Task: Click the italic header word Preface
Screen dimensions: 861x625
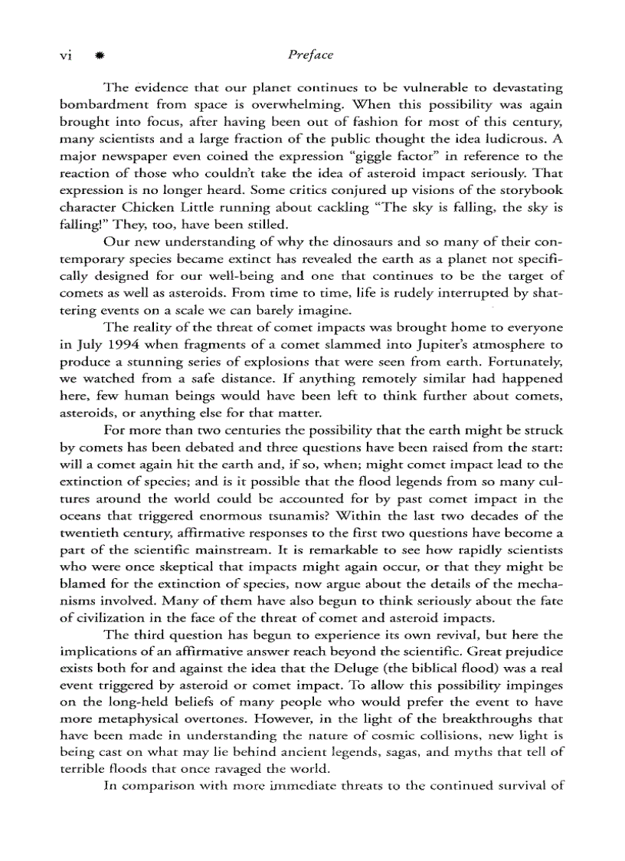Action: click(x=311, y=55)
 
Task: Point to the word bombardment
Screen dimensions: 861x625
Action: click(x=103, y=104)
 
